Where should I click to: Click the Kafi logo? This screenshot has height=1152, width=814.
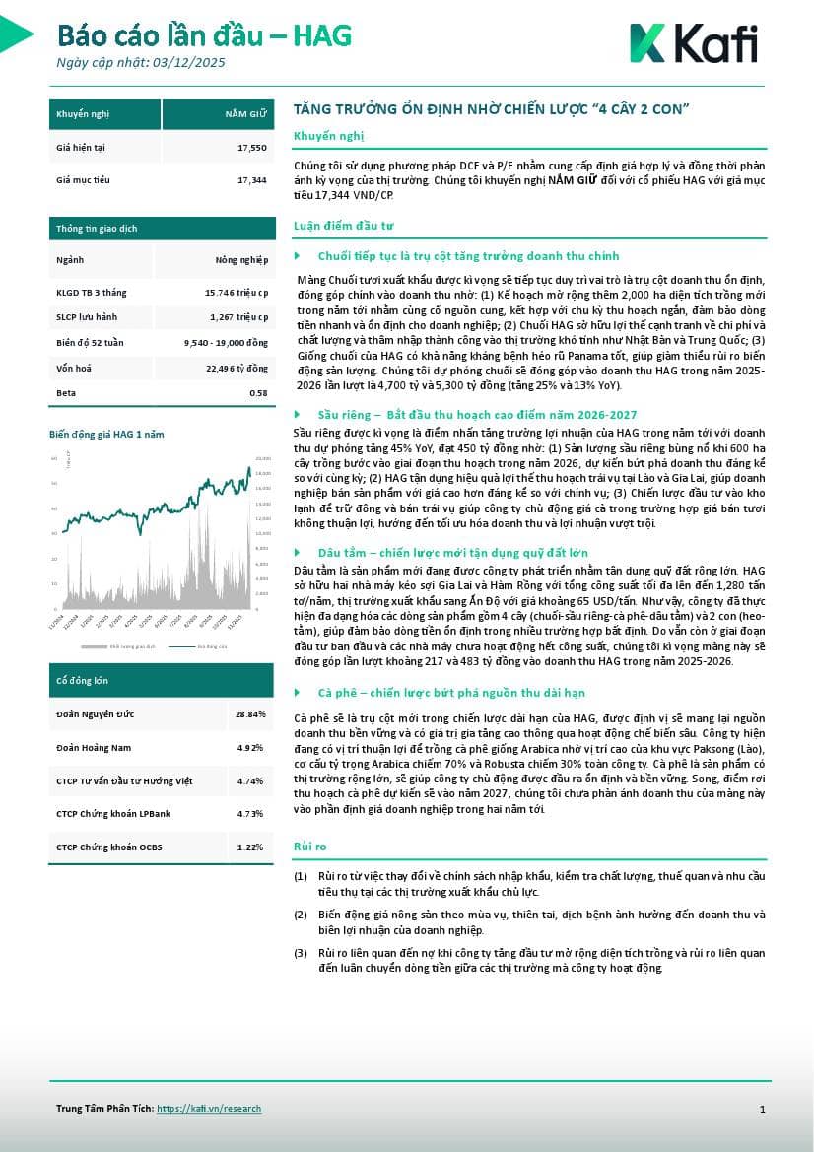point(693,44)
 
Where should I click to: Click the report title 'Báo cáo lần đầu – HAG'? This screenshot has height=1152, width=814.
point(204,36)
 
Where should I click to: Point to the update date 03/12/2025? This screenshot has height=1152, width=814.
point(190,63)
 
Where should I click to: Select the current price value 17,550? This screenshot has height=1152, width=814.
point(252,148)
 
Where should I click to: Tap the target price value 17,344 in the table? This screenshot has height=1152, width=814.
point(252,180)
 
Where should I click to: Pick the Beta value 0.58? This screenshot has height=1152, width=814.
point(258,393)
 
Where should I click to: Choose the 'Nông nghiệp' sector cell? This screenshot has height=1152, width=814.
point(242,260)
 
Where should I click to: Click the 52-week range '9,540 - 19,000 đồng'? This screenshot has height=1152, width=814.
point(226,342)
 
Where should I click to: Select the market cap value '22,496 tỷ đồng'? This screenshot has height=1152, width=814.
point(237,369)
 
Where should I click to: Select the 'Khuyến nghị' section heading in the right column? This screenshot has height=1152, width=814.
point(315,135)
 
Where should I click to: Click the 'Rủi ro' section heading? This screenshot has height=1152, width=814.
point(310,847)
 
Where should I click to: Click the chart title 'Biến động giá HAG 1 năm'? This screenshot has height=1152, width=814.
point(106,434)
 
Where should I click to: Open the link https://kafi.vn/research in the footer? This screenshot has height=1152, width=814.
point(209,1109)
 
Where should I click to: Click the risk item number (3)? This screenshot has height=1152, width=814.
point(301,953)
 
